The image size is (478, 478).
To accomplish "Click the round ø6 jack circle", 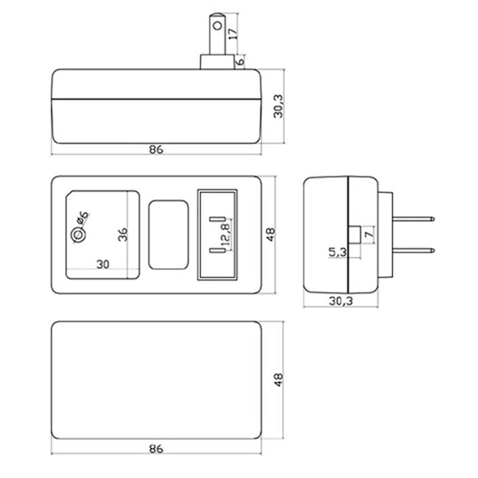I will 78,236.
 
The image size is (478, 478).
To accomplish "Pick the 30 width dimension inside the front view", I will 102,263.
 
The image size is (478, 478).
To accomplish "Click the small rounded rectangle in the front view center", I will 168,235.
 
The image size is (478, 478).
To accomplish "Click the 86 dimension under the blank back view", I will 156,449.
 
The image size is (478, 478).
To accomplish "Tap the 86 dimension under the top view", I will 156,150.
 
